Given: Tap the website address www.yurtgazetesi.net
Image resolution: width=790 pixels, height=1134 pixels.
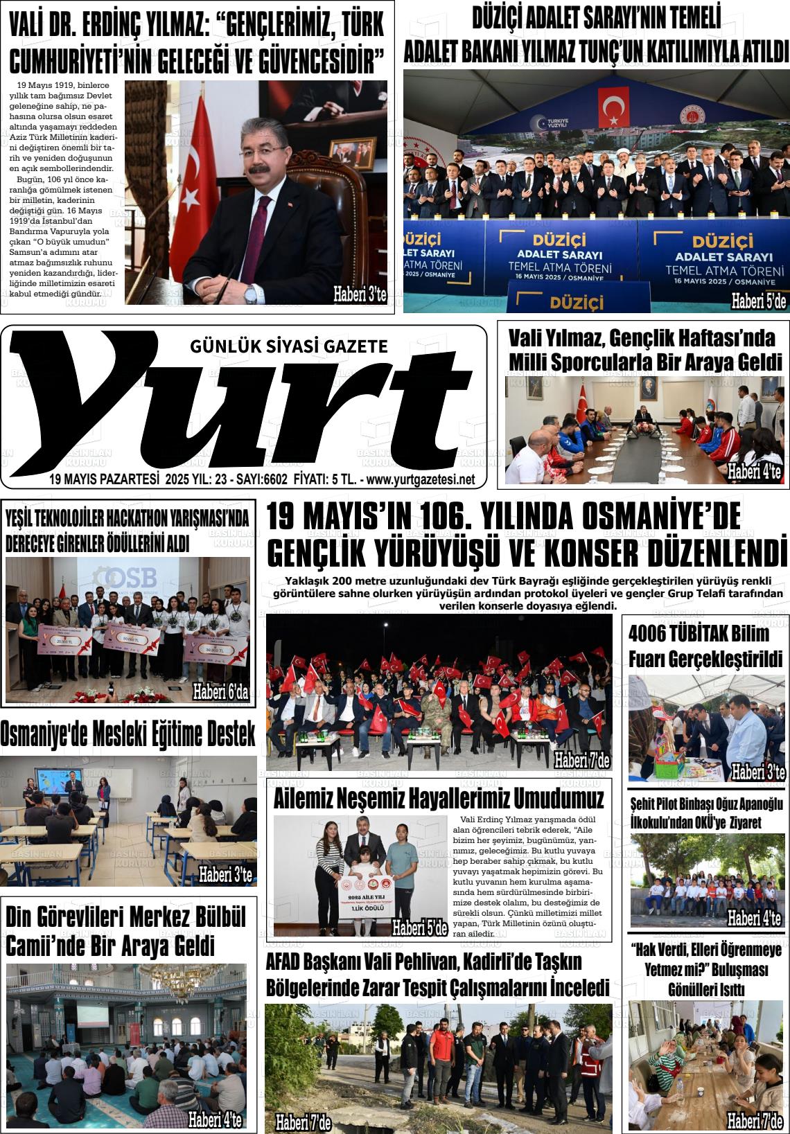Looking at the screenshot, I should pos(421,479).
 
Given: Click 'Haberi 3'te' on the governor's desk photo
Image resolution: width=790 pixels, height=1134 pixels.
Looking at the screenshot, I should pos(359,294).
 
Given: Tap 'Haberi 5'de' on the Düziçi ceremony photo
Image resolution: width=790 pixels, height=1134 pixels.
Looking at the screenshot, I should pos(758,301).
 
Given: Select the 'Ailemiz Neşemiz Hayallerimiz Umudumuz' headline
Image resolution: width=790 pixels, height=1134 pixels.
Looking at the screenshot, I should pos(439,799).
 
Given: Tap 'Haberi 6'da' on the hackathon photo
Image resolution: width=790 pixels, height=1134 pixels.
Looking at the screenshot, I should pos(220,691).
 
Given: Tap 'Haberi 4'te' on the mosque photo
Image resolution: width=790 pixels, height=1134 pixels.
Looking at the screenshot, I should pos(215,1118).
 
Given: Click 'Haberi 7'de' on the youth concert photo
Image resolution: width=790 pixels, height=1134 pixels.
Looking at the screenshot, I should pos(582,761).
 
